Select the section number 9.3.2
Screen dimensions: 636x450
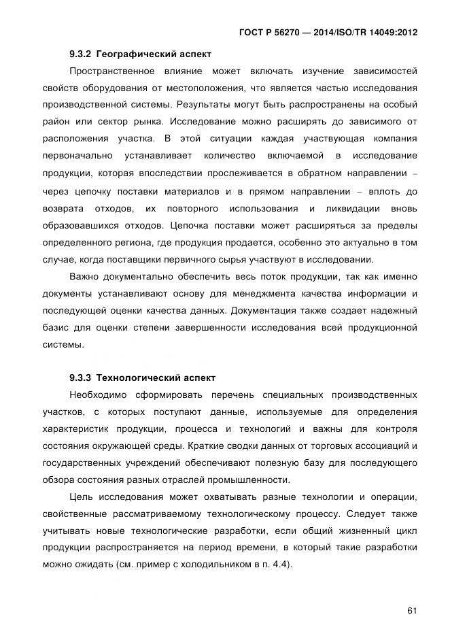(81, 54)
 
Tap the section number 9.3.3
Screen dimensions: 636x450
(81, 377)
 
